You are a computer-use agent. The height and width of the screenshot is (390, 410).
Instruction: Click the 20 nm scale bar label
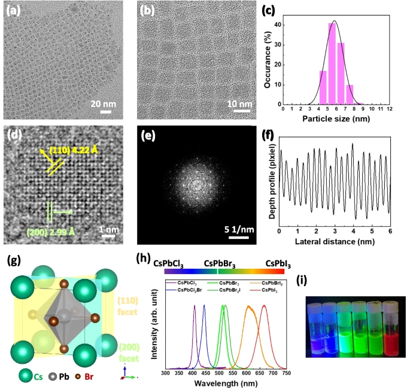tap(105, 103)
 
